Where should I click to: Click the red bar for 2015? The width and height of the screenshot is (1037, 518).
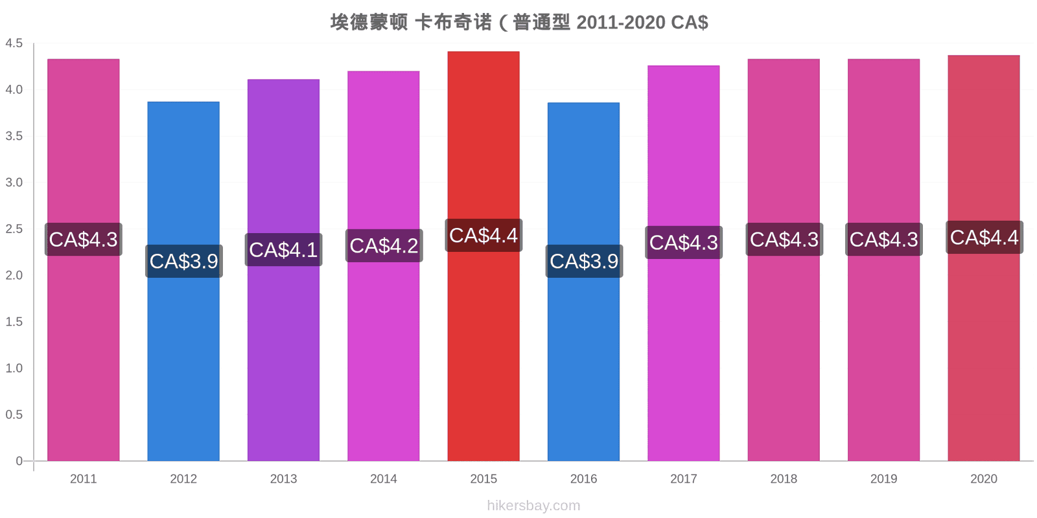click(x=484, y=256)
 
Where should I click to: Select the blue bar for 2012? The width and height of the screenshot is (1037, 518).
click(x=183, y=281)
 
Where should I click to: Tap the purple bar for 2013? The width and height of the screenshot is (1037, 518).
click(x=283, y=270)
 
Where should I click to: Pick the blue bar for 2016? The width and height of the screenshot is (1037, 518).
click(x=583, y=282)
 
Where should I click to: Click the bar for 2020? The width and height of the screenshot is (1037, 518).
click(x=984, y=258)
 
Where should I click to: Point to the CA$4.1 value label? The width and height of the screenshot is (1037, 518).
click(x=283, y=250)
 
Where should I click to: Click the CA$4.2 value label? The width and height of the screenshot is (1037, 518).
click(x=384, y=245)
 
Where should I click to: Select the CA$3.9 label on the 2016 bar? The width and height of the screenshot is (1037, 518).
click(x=584, y=262)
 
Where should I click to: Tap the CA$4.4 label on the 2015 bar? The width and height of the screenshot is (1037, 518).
click(x=484, y=236)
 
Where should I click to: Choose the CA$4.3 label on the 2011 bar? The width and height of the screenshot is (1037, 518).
click(x=84, y=240)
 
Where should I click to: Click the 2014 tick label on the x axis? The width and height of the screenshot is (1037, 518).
click(x=383, y=479)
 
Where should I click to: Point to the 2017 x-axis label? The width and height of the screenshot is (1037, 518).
click(x=683, y=479)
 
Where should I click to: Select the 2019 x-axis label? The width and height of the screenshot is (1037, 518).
click(x=883, y=479)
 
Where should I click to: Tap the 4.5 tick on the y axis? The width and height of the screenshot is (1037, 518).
click(x=14, y=43)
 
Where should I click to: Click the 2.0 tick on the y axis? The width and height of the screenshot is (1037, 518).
click(x=14, y=275)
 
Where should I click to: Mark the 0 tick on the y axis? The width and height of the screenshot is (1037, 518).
click(x=19, y=460)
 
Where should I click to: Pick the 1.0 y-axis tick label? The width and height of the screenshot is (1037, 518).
click(x=14, y=368)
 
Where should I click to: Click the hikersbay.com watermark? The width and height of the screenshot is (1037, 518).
click(x=533, y=506)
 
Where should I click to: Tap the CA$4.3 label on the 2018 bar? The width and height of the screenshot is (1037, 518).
click(x=784, y=240)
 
